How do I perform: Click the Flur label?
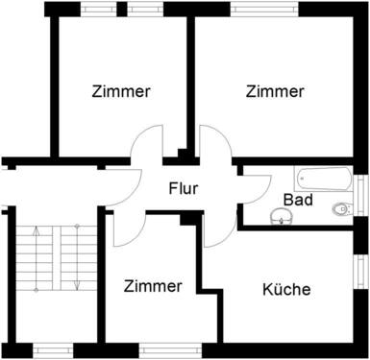pos(183,188)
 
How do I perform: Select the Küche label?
pos(286,289)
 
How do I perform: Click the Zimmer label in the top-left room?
pos(121,92)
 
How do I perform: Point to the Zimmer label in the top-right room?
pos(275,92)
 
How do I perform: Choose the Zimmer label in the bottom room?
pos(153,286)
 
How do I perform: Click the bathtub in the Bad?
pos(324,179)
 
